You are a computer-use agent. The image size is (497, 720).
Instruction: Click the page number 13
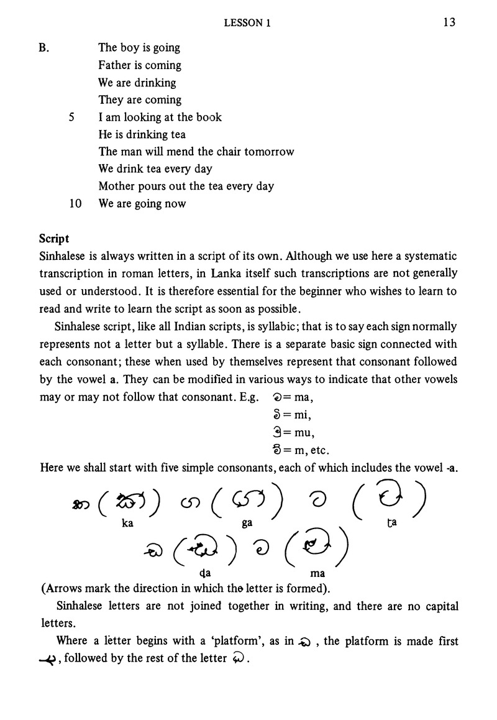click(450, 23)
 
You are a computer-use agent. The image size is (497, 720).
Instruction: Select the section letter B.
click(43, 48)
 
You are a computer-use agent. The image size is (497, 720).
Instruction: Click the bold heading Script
click(55, 239)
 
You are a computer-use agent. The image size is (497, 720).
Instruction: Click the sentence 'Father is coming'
click(139, 65)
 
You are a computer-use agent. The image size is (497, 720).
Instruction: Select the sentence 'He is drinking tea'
click(142, 134)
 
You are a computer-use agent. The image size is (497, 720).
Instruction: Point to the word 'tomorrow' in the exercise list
click(271, 152)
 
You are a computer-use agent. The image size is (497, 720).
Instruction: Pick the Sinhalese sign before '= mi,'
click(277, 413)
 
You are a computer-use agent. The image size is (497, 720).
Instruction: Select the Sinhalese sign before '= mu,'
click(277, 431)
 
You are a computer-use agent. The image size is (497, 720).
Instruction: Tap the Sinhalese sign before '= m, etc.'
click(277, 448)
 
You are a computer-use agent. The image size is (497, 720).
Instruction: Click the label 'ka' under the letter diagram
click(127, 524)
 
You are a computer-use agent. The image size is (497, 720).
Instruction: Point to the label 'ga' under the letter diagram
click(247, 524)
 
